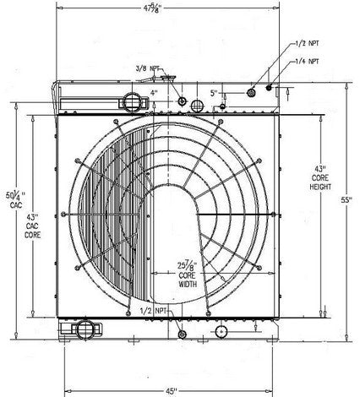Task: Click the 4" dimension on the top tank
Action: [155, 92]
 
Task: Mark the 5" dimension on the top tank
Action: [215, 94]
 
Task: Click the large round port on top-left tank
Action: [134, 101]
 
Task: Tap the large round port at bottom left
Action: [85, 327]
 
